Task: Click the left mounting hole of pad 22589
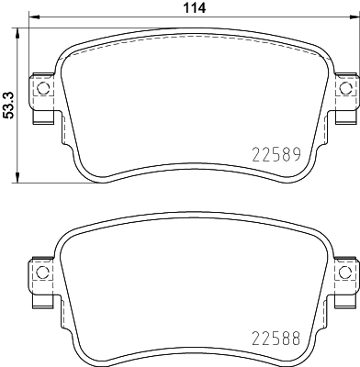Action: pyautogui.click(x=40, y=88)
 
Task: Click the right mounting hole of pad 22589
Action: pyautogui.click(x=345, y=88)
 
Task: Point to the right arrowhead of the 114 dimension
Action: pyautogui.click(x=354, y=17)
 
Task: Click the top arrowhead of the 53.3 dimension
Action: pyautogui.click(x=20, y=24)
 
